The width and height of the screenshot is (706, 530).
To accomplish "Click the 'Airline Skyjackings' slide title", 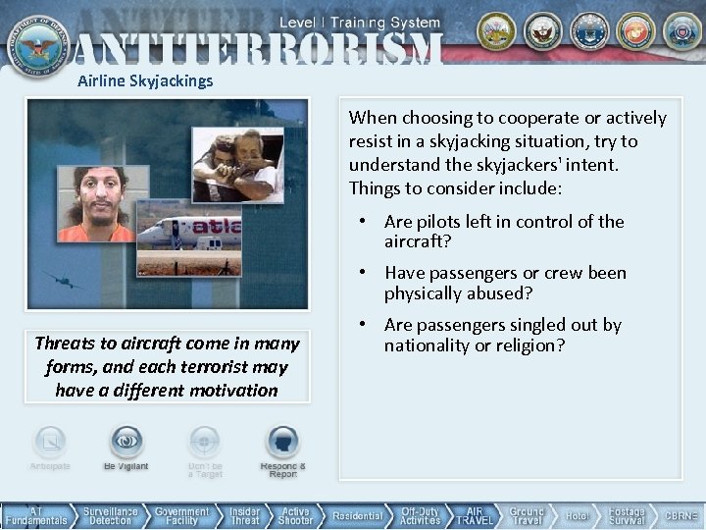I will (145, 80).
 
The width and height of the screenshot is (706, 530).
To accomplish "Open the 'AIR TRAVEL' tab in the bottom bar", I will (474, 515).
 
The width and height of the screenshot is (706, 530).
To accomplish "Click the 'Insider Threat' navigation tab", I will (245, 515).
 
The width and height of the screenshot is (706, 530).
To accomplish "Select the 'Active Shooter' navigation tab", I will (295, 515).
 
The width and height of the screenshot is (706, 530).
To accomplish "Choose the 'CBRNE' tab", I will (681, 515).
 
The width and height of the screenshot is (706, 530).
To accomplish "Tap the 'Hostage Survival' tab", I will (626, 515).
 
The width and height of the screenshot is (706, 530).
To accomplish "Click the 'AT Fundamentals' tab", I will (35, 515).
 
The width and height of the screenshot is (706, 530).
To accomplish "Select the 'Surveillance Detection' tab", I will (110, 515).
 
